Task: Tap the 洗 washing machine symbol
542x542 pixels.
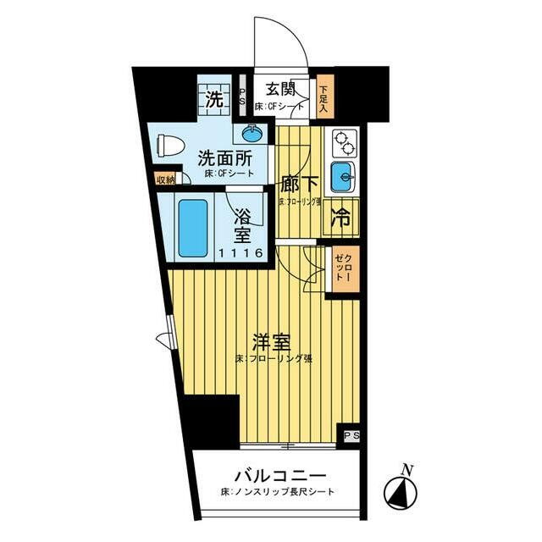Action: [214, 97]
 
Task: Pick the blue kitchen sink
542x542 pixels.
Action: [342, 177]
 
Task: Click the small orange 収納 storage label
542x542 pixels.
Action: [165, 180]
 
